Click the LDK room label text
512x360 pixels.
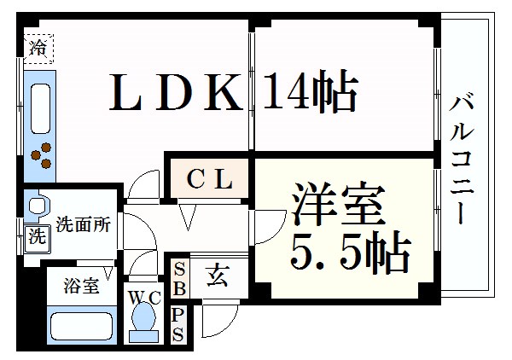point(176,93)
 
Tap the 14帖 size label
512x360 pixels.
point(309,93)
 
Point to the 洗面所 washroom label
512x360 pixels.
point(83,225)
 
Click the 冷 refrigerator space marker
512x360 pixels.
point(37,48)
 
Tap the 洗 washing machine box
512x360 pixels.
point(36,237)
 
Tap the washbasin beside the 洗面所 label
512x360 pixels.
point(36,206)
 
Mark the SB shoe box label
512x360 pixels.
point(179,278)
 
